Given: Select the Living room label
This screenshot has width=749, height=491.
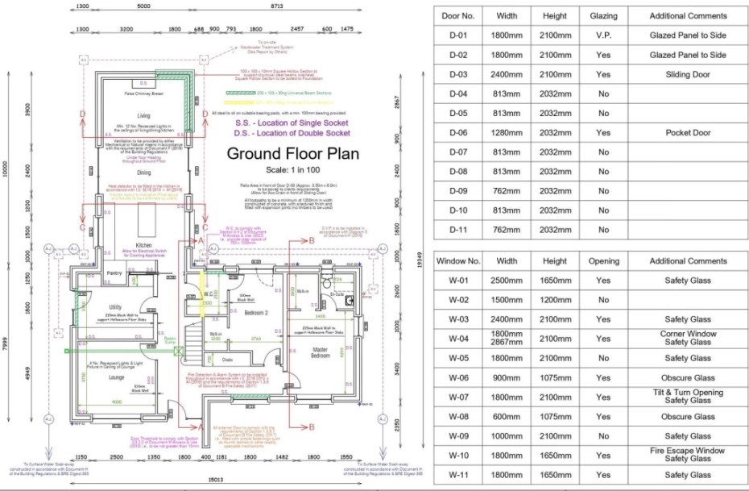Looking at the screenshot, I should tap(143, 116).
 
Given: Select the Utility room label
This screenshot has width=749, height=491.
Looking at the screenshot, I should tap(116, 307).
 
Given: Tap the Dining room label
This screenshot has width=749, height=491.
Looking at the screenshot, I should tap(143, 173).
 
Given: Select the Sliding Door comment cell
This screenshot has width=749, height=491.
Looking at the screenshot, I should tap(688, 74).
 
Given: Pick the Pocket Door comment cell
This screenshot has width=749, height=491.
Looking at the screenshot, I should tap(688, 132).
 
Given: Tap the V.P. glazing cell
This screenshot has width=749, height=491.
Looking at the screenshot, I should tap(604, 35).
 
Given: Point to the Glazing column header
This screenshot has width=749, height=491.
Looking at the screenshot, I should tap(604, 15).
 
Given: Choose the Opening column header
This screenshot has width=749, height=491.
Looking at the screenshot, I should tap(604, 261).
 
